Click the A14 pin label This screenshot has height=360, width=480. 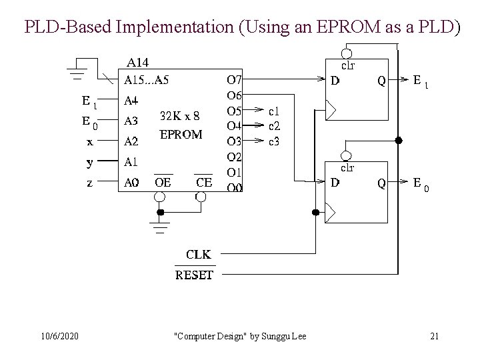tap(138, 63)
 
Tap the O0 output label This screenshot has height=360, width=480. tap(235, 188)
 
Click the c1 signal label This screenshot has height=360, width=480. tap(274, 111)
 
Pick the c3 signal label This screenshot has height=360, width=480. tap(274, 141)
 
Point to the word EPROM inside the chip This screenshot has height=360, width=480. tap(181, 134)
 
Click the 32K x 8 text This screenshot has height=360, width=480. tap(180, 115)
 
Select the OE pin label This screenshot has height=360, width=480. tap(162, 182)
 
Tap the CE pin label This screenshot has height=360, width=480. tap(204, 182)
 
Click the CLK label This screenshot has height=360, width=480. tap(199, 254)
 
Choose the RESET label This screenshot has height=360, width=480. tap(194, 275)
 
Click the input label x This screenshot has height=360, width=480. tap(90, 141)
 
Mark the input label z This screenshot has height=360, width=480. tap(90, 182)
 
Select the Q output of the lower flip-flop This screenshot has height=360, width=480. tap(381, 182)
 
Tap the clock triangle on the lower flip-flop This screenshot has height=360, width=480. tap(330, 213)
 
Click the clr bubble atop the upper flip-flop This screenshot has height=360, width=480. tap(346, 53)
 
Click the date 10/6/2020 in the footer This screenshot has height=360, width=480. tap(59, 336)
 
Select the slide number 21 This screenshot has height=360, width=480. tap(434, 336)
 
